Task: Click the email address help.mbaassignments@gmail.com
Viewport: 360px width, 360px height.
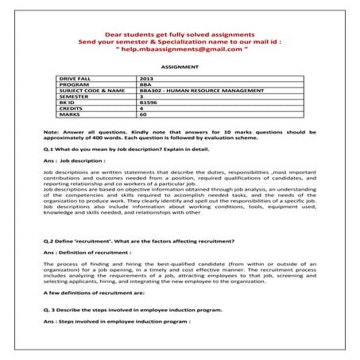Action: click(x=180, y=49)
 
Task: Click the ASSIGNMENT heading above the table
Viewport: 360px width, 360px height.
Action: click(x=180, y=68)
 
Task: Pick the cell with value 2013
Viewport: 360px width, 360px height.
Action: click(x=146, y=80)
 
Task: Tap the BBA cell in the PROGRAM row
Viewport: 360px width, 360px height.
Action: click(x=144, y=86)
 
